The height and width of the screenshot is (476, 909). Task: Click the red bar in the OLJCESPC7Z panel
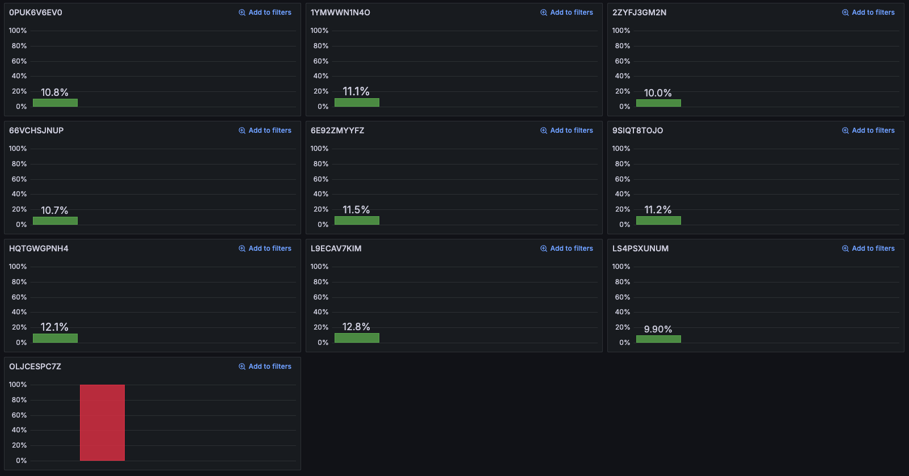click(x=102, y=423)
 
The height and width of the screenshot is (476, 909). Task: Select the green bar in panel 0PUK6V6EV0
click(x=55, y=103)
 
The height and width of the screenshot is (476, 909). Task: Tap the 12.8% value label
click(x=356, y=327)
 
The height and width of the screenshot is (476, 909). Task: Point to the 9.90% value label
click(x=658, y=329)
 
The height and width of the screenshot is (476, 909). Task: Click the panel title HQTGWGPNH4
click(x=39, y=248)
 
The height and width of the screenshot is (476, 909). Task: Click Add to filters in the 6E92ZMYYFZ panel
click(x=567, y=130)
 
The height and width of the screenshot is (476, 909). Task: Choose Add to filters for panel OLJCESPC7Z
click(x=265, y=367)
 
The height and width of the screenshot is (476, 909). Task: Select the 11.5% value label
click(x=356, y=210)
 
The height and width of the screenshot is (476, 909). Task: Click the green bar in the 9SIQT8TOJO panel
click(x=658, y=220)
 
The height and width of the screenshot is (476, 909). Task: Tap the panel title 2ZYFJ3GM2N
click(x=639, y=12)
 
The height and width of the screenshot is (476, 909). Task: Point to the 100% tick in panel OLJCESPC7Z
click(x=18, y=385)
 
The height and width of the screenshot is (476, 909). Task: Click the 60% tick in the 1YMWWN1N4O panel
click(x=320, y=61)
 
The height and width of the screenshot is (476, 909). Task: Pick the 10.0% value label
click(x=658, y=93)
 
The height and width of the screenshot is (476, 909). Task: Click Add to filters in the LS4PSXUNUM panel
click(x=869, y=248)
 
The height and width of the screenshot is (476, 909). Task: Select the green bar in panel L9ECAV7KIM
click(x=357, y=338)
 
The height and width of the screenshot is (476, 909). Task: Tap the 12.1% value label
click(x=54, y=327)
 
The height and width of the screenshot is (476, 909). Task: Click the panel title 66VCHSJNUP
click(x=36, y=130)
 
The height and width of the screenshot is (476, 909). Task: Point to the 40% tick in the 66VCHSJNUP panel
click(x=19, y=194)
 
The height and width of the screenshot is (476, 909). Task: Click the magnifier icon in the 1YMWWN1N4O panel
click(x=544, y=12)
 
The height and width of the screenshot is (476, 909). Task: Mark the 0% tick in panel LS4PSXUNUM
click(x=624, y=343)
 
